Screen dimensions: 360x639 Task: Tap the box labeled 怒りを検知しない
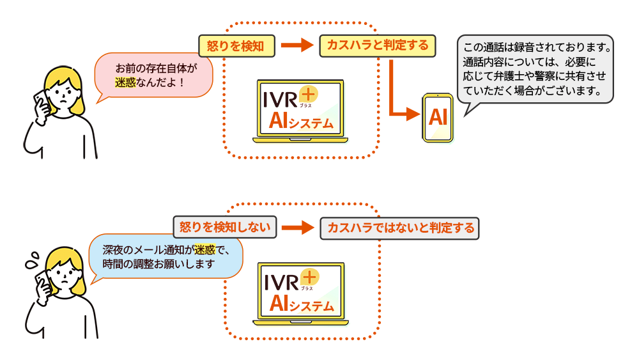224,226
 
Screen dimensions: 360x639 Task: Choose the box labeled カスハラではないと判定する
400,228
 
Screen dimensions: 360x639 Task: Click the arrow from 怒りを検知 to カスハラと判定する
295,45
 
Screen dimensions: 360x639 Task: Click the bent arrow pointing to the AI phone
396,96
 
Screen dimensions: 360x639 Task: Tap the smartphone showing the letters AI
438,117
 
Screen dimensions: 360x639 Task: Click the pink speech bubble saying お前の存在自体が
153,74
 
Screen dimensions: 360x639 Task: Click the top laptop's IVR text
281,100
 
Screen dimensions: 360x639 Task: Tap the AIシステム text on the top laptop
301,121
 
